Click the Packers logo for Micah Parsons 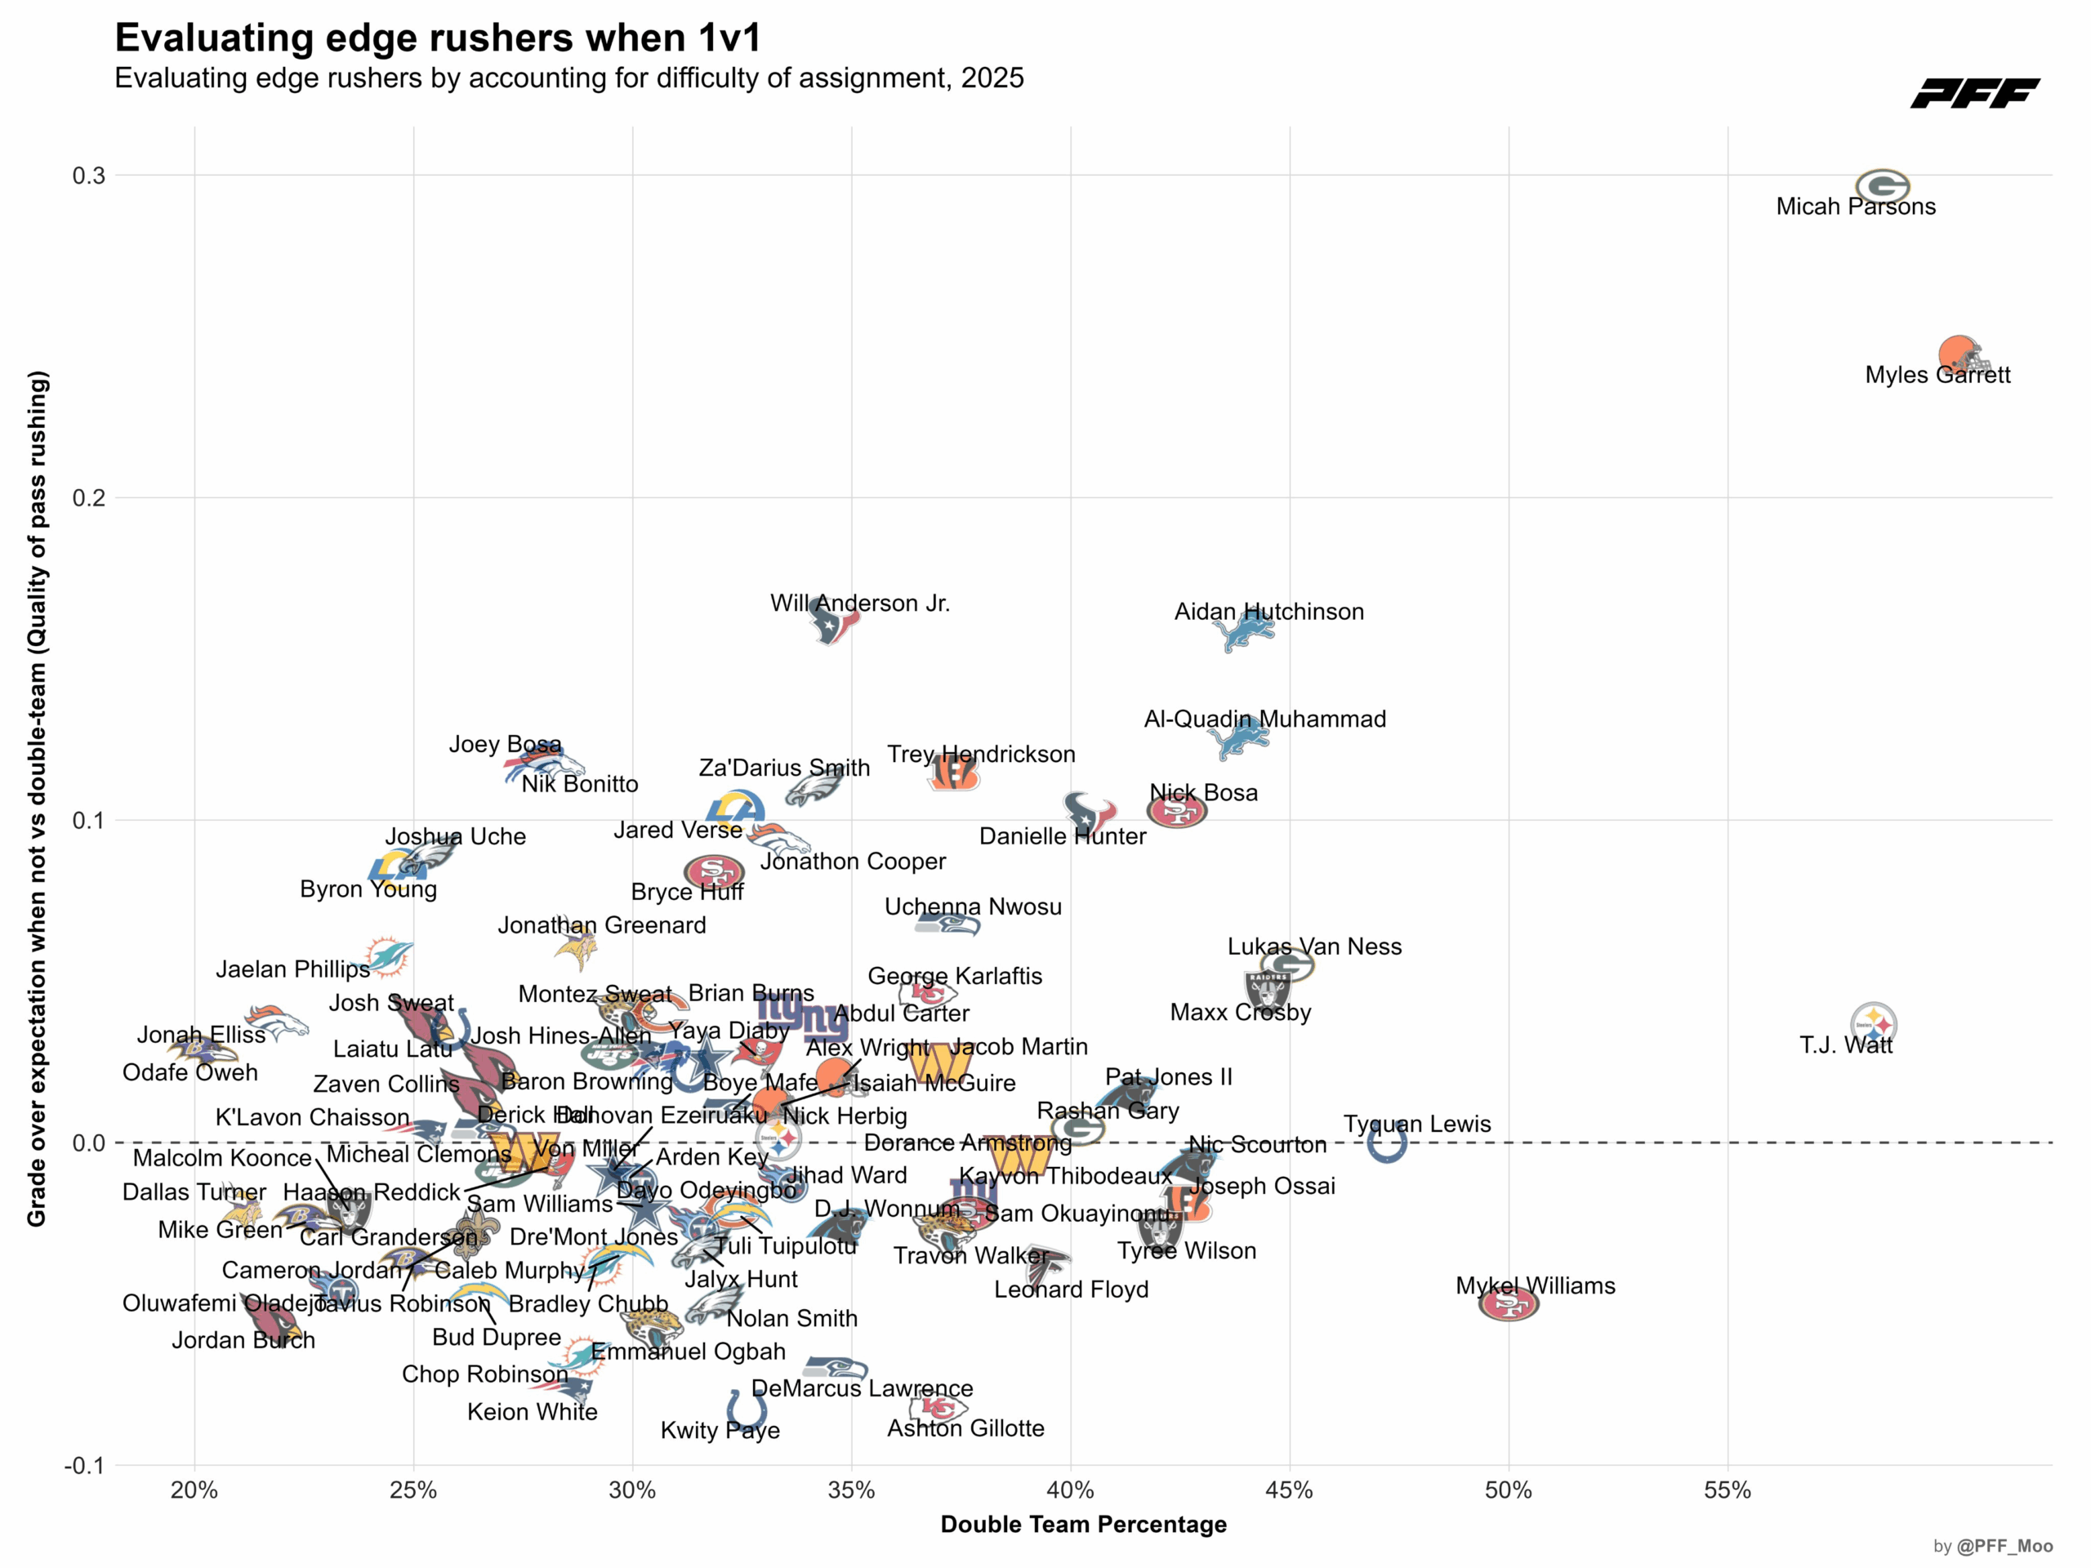coord(1882,187)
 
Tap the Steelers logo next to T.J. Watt coord(1874,1023)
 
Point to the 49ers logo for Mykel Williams coord(1509,1304)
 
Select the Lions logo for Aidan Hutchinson coord(1248,630)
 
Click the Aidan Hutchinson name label coord(1268,612)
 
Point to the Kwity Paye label coord(720,1430)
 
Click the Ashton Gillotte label coord(965,1428)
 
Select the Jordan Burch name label coord(243,1339)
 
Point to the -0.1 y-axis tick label coord(83,1465)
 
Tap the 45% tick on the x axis coord(1290,1490)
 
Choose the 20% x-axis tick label coord(194,1490)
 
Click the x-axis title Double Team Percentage coord(1083,1524)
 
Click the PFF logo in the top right coord(1975,94)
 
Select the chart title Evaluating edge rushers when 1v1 coord(438,38)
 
